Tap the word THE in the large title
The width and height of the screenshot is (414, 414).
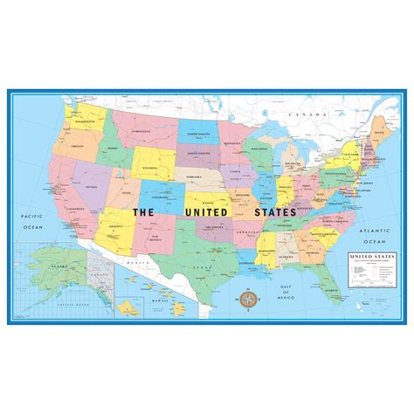click(x=144, y=211)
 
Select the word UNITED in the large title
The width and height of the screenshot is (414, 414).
click(x=206, y=211)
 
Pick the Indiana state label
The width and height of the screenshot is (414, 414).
click(x=284, y=188)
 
